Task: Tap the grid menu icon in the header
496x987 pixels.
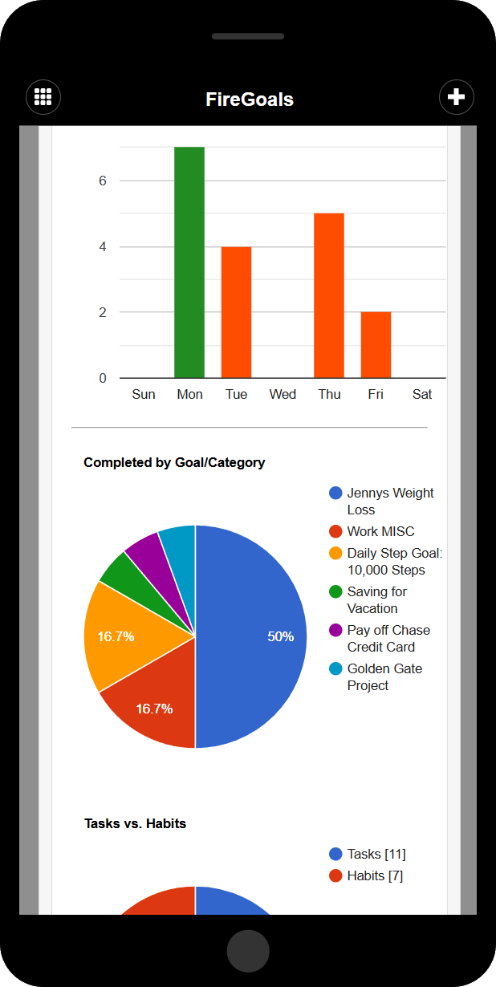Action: click(43, 97)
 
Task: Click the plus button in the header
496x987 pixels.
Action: click(456, 97)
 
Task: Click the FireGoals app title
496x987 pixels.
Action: click(249, 100)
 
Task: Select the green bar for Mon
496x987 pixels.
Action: click(189, 262)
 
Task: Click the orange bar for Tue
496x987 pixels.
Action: click(236, 312)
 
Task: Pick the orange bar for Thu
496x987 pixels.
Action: click(329, 295)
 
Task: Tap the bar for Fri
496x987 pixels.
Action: click(376, 345)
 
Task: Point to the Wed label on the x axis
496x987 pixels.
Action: click(283, 394)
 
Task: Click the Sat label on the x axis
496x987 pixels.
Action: click(422, 394)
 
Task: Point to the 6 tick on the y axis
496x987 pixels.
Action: click(103, 181)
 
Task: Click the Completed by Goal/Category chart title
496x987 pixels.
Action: click(174, 462)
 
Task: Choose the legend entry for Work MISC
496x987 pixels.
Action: click(380, 531)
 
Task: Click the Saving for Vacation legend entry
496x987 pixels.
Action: click(376, 600)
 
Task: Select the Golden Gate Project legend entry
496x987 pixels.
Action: click(384, 677)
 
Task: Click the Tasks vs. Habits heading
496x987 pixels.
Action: click(135, 823)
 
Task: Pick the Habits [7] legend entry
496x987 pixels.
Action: click(374, 875)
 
